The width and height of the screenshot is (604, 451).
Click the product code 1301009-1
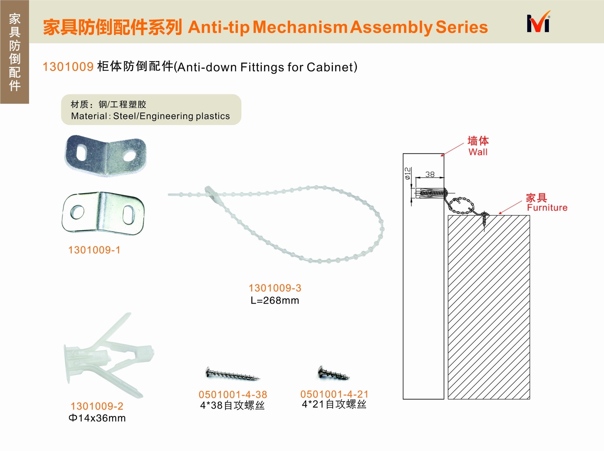(94, 250)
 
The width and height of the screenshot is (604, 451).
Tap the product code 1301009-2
(97, 406)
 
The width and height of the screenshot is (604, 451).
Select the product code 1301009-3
(275, 288)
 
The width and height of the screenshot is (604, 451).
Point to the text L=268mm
(275, 300)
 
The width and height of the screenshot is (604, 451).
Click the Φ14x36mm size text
(97, 418)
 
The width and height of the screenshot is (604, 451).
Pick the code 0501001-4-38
(233, 394)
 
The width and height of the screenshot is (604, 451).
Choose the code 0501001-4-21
(334, 394)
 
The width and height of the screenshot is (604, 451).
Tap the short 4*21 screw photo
(333, 373)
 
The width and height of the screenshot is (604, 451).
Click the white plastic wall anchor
(109, 355)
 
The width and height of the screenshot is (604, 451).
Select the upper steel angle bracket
(106, 156)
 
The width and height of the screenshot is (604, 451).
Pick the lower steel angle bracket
(103, 213)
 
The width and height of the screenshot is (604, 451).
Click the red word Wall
(478, 152)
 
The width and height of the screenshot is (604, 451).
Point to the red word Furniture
(547, 207)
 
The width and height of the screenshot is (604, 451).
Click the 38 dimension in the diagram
(430, 174)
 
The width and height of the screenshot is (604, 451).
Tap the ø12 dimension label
(408, 173)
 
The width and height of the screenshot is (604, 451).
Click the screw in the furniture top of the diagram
(484, 221)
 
